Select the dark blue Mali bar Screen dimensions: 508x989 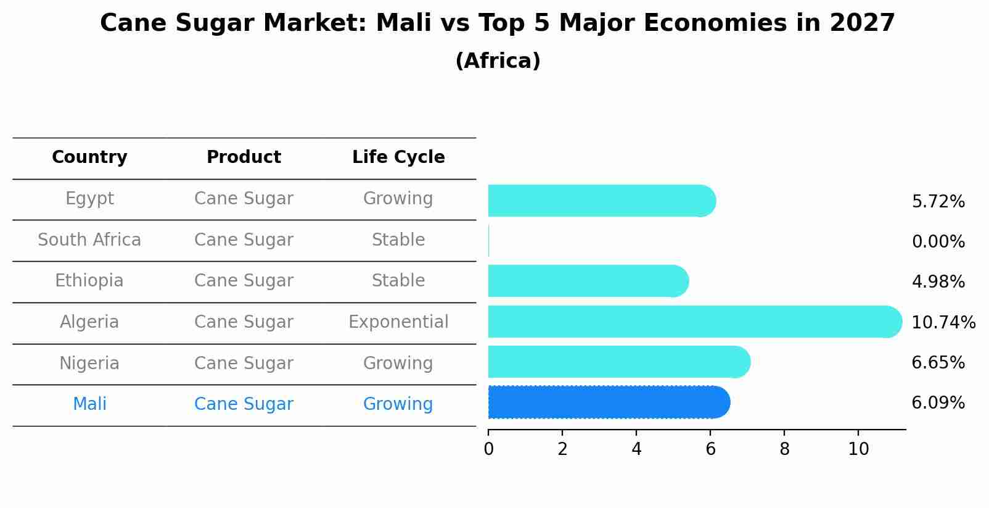click(x=609, y=402)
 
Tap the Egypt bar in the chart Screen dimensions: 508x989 click(x=601, y=201)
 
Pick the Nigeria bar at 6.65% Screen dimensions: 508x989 click(x=618, y=362)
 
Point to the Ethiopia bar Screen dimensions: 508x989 click(x=588, y=281)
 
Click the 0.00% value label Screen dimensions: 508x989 click(x=938, y=242)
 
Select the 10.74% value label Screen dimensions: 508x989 click(x=943, y=322)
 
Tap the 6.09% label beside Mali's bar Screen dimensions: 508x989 click(x=938, y=403)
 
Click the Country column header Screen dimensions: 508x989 click(x=89, y=157)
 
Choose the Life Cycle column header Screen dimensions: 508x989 click(x=398, y=157)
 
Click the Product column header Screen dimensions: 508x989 click(x=244, y=157)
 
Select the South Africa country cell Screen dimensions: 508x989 click(x=89, y=239)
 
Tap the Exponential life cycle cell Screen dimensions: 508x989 click(x=398, y=322)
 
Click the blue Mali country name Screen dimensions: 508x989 click(x=89, y=404)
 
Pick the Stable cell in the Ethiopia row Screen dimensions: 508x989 click(x=398, y=281)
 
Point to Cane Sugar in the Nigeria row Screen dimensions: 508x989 click(x=244, y=363)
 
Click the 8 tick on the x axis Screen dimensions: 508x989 click(x=784, y=449)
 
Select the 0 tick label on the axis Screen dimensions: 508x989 click(x=488, y=449)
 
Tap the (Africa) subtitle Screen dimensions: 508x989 click(x=498, y=61)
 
